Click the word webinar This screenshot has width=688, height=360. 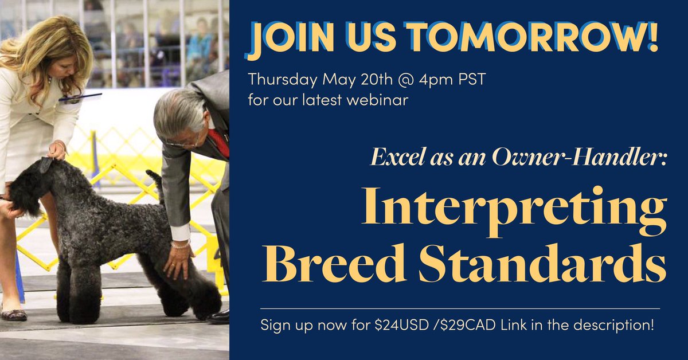(x=367, y=101)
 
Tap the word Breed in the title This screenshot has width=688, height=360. (x=329, y=263)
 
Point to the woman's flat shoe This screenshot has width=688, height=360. (x=14, y=314)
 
